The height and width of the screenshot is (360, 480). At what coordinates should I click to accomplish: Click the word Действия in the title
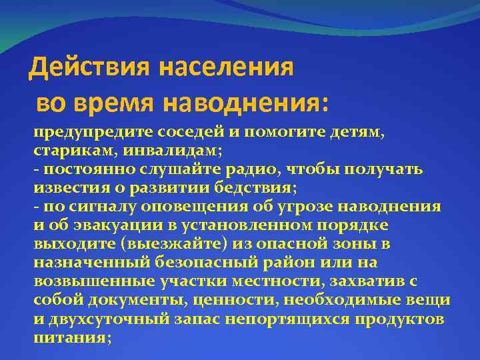click(x=91, y=67)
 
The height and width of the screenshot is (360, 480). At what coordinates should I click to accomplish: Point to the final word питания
click(x=70, y=337)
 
